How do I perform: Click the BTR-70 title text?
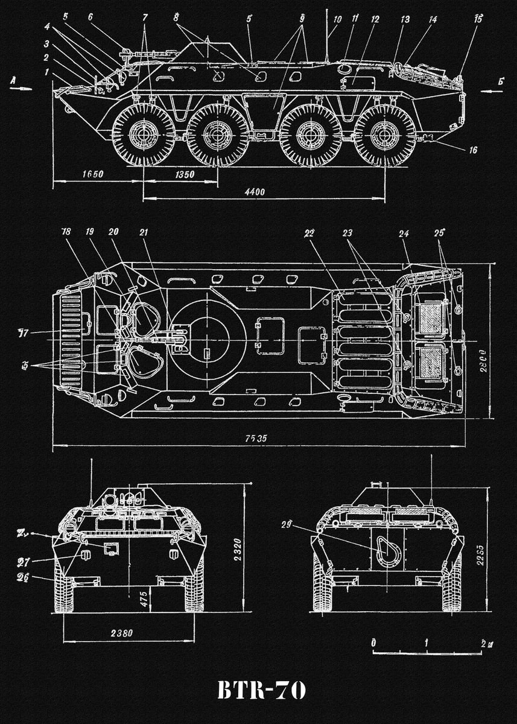tap(261, 691)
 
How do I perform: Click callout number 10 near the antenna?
tap(337, 20)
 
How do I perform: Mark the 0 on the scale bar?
tap(373, 643)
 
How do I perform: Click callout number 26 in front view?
tap(24, 576)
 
